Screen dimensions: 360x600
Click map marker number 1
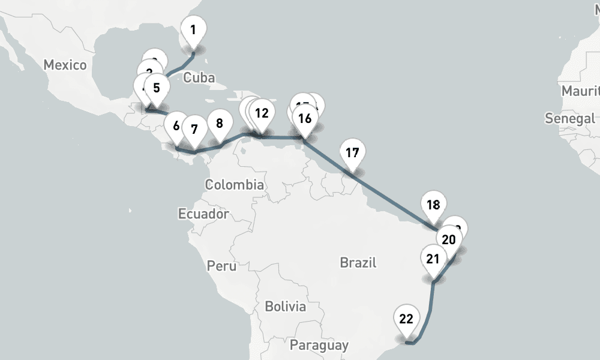(x=193, y=30)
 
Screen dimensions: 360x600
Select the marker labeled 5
(x=157, y=88)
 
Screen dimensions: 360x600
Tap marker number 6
(x=176, y=126)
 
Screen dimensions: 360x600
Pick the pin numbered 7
(x=194, y=128)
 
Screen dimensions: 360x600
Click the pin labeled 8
(x=219, y=124)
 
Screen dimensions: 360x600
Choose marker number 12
(x=262, y=113)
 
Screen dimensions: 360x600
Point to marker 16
(x=305, y=118)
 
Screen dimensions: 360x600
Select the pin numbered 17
(x=352, y=152)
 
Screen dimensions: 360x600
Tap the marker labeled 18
(x=433, y=205)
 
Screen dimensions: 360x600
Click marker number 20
(x=449, y=240)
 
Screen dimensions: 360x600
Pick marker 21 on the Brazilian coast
(x=433, y=259)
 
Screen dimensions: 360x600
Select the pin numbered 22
(x=406, y=319)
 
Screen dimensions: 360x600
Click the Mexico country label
(x=65, y=65)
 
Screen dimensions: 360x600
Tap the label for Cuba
(x=199, y=77)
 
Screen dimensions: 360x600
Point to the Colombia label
(x=234, y=185)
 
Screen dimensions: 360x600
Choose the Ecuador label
(x=203, y=214)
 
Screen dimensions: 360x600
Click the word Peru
(x=221, y=265)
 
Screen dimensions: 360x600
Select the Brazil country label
(x=358, y=262)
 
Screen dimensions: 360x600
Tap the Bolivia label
(x=285, y=307)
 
